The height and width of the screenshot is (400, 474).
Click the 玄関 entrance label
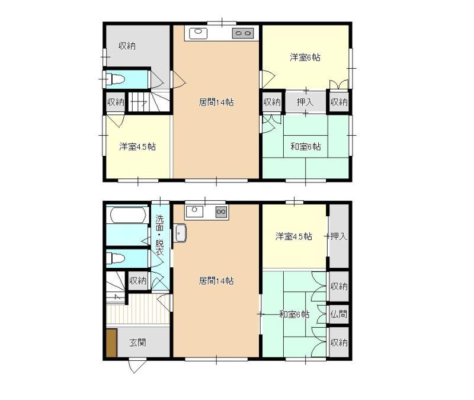137,343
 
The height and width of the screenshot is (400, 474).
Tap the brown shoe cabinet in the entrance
111,343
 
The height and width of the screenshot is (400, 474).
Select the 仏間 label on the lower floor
338,314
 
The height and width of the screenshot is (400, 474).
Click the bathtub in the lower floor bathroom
127,215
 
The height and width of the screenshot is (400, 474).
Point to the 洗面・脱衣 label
159,235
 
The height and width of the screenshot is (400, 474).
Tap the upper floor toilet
116,79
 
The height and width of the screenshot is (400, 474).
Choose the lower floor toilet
116,258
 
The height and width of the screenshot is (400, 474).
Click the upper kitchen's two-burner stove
243,33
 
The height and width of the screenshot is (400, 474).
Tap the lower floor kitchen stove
221,212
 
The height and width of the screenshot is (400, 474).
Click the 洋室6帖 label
305,57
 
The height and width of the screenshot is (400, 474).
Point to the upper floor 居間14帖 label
216,102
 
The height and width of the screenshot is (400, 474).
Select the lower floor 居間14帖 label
216,281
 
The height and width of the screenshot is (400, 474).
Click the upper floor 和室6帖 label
305,146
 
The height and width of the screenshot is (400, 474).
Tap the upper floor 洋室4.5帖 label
137,146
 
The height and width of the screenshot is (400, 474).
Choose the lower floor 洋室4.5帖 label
293,236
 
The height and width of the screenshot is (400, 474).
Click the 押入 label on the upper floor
305,102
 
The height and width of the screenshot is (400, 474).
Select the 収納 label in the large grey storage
127,46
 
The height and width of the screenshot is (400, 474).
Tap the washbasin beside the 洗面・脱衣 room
181,233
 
